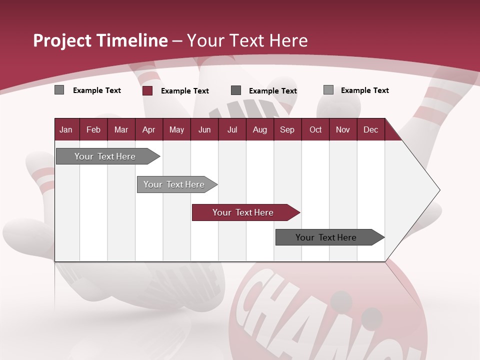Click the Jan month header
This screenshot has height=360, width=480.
(66, 129)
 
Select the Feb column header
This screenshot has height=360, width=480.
(93, 129)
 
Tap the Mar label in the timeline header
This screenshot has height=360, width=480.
(121, 129)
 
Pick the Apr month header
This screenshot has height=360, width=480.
(148, 129)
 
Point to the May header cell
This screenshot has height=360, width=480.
(176, 129)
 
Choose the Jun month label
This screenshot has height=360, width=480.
(204, 129)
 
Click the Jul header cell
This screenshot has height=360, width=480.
(232, 129)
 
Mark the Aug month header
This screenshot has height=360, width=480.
(259, 129)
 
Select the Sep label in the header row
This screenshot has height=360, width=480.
(287, 129)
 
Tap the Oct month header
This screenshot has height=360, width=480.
(315, 129)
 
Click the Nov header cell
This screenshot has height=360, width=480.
(343, 129)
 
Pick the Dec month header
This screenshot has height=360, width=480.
(370, 129)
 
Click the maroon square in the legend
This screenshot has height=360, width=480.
(147, 90)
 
